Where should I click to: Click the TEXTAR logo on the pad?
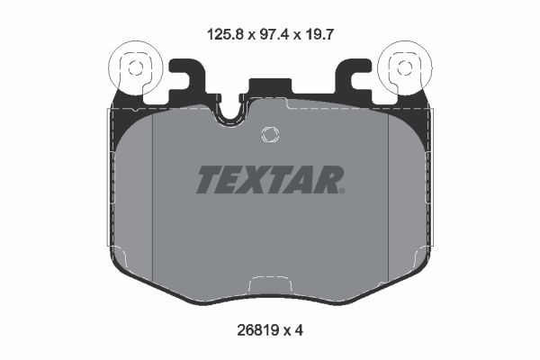coord(269,180)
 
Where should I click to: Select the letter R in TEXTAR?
coord(329,180)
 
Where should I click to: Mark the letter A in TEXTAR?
coord(305,180)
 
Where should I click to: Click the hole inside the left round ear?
coord(135,67)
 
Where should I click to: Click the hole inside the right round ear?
coord(402,67)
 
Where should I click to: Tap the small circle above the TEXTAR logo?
coord(269,135)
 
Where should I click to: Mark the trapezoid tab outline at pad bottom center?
coord(270,286)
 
